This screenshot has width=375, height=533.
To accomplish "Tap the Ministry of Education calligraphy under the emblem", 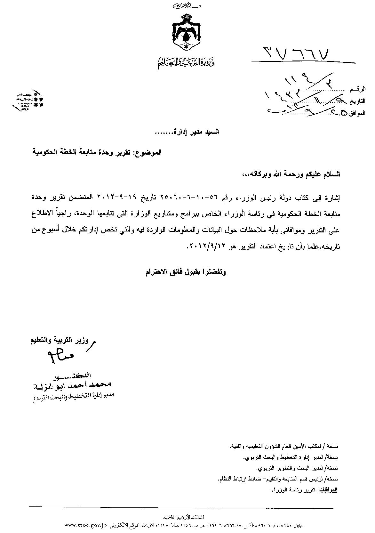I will (186, 63).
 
